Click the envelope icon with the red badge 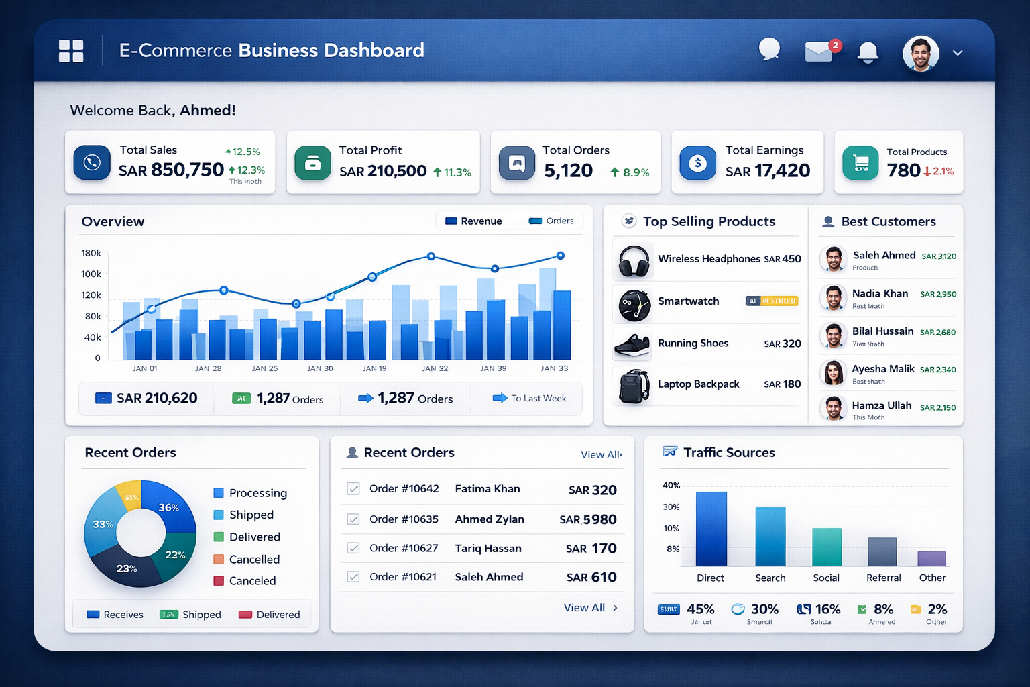point(819,52)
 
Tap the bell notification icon point(868,52)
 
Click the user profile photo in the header point(920,53)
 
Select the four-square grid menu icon point(71,51)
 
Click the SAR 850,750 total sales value point(171,170)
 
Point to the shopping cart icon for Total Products point(860,162)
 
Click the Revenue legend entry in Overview point(473,221)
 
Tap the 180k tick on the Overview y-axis point(91,253)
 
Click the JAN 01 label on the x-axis point(145,368)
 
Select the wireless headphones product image point(634,260)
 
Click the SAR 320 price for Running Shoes point(783,343)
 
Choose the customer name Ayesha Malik point(882,369)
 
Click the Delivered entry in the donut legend point(254,537)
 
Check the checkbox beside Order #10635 point(353,519)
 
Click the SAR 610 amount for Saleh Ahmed point(591,577)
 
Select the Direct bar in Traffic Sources point(711,528)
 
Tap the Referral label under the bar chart point(883,578)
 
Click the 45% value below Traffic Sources point(700,609)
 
